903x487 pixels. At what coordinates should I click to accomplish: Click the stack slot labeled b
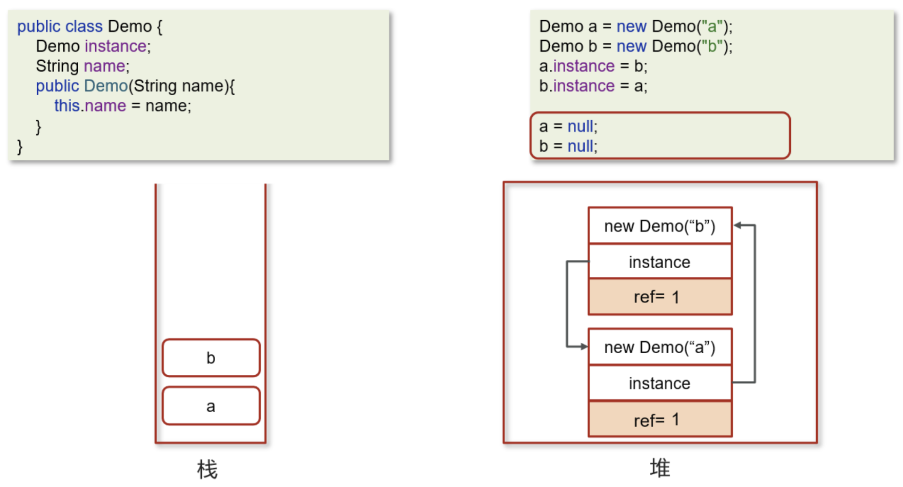click(211, 358)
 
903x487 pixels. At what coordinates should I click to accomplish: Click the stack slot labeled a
click(211, 406)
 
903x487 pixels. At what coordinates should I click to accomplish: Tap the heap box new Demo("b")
click(660, 226)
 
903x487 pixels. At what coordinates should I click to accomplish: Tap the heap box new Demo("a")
click(660, 347)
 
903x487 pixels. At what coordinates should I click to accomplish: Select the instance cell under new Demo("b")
click(660, 262)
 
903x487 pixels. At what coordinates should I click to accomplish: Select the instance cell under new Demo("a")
click(660, 383)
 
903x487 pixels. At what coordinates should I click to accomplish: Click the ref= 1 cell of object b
click(660, 297)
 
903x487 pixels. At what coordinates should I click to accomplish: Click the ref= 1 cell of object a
click(660, 419)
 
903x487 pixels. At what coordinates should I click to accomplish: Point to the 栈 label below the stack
click(207, 470)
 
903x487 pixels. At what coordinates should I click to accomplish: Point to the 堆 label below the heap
click(660, 468)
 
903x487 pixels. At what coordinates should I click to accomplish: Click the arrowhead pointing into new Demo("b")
click(737, 225)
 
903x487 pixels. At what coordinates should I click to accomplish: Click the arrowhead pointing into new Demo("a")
click(584, 347)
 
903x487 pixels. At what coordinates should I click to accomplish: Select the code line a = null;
click(568, 126)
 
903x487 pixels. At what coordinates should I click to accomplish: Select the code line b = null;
click(568, 146)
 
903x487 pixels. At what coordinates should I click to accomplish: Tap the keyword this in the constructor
click(66, 106)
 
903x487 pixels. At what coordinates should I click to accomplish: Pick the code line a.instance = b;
click(593, 66)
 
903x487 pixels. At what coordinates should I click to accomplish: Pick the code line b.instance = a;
click(593, 86)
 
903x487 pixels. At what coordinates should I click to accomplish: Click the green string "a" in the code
click(712, 26)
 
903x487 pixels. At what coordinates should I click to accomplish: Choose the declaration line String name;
click(83, 66)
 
